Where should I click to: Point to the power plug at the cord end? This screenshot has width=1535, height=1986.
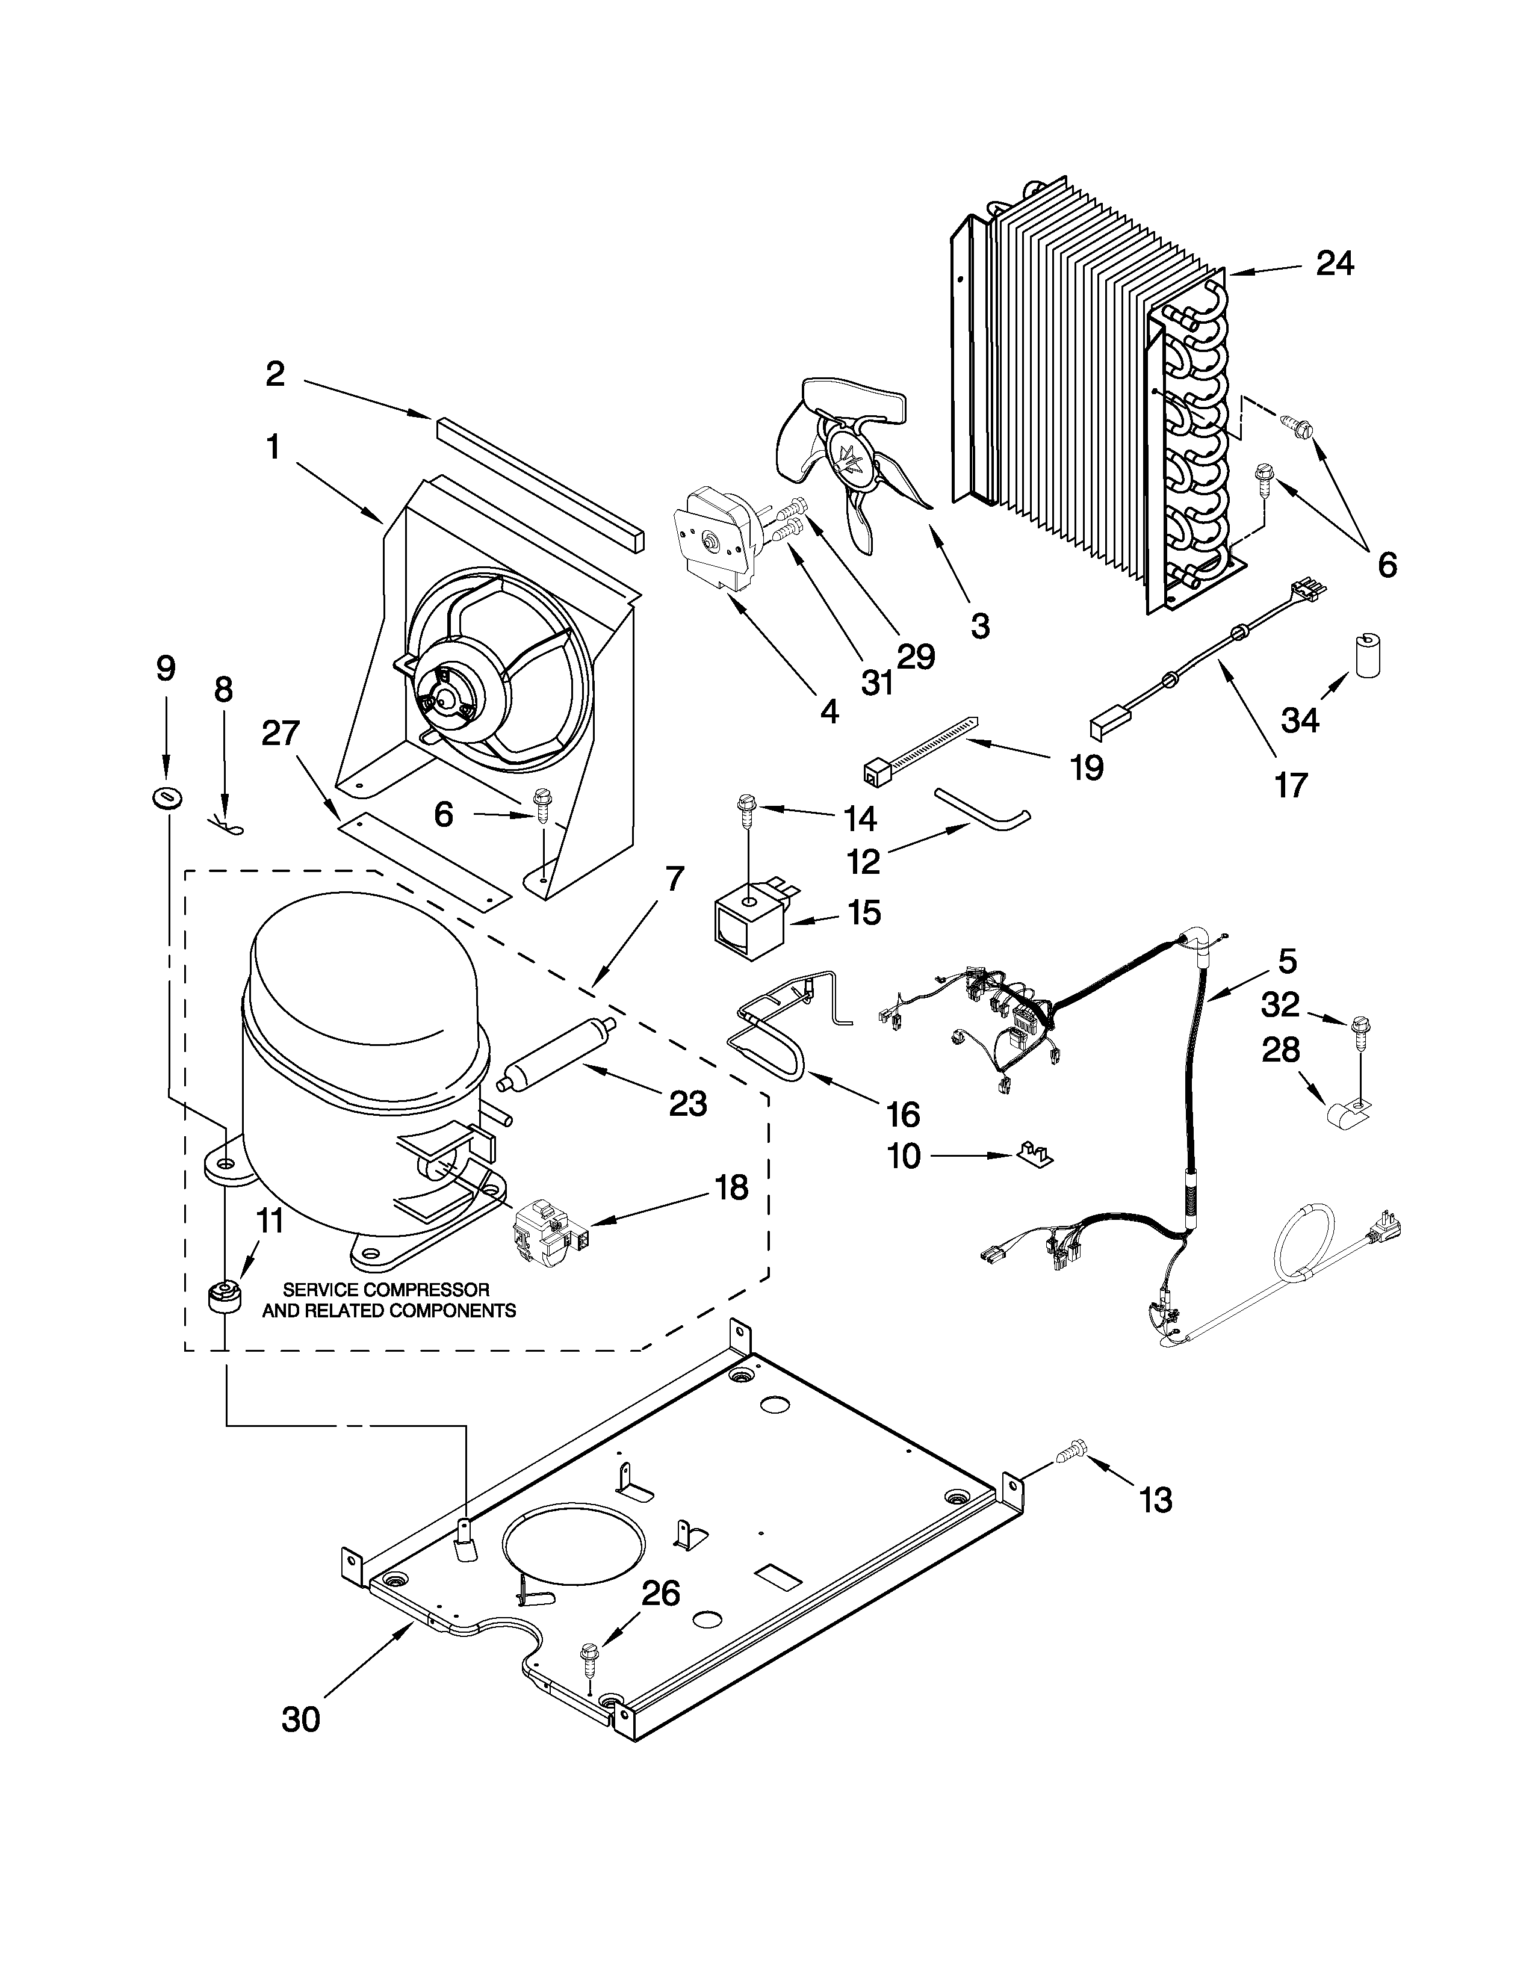(1387, 1231)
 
